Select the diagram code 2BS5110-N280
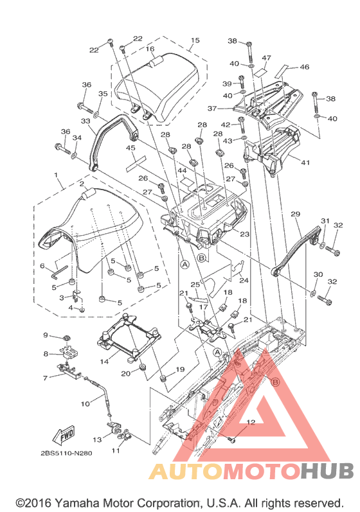tap(66, 454)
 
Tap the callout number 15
tap(195, 40)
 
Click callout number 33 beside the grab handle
tap(85, 121)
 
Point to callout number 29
tap(295, 214)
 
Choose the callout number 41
tap(305, 163)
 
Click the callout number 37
tap(212, 108)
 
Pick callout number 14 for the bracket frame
tap(104, 362)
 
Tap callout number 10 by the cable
tap(85, 403)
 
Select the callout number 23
tap(245, 234)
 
